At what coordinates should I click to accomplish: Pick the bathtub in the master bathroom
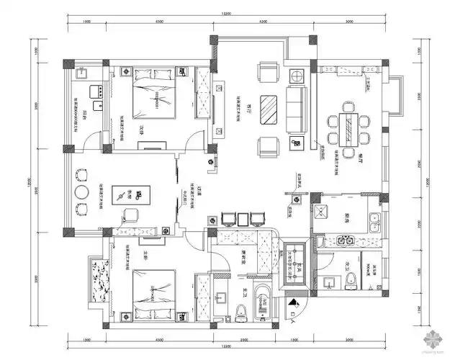(263, 302)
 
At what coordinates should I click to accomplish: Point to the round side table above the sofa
(294, 76)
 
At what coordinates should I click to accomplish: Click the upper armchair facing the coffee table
(270, 72)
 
